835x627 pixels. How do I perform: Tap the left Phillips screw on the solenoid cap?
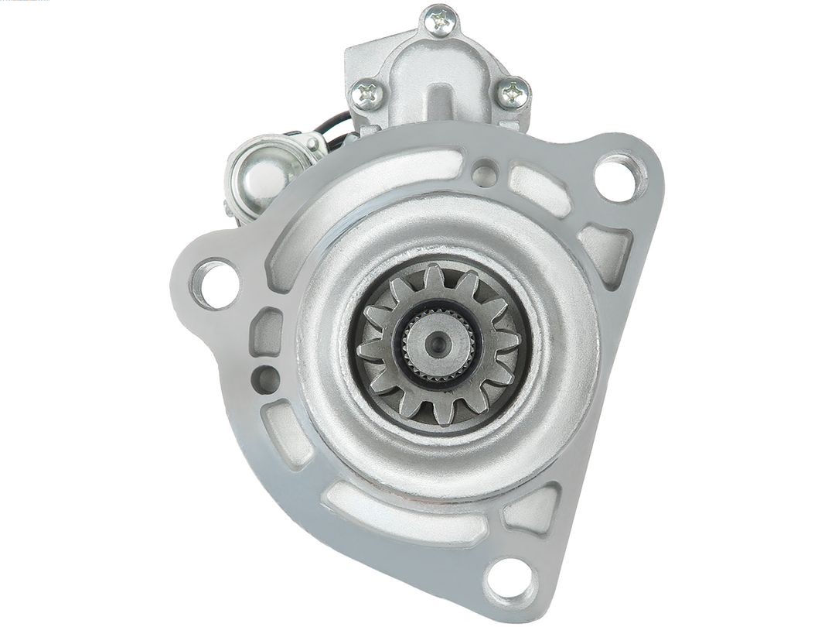(x=367, y=94)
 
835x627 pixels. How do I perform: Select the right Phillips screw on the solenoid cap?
(x=513, y=94)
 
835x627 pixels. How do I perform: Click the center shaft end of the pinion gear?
(x=438, y=340)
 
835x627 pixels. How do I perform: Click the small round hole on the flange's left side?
(x=268, y=378)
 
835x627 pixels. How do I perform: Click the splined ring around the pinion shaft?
(x=438, y=340)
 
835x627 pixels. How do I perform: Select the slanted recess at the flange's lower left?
(x=285, y=434)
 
